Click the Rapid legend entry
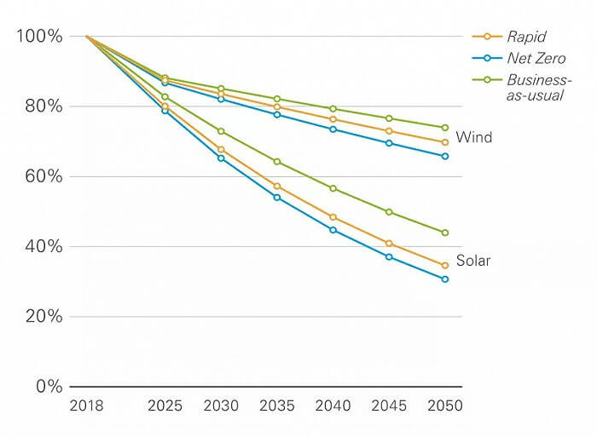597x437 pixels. coord(524,37)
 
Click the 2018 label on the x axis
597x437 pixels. coord(86,405)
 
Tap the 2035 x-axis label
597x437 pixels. coord(276,405)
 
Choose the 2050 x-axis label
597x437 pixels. coord(444,405)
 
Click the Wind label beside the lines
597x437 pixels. coord(473,137)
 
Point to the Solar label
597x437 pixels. coord(473,261)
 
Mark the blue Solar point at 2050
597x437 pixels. coord(444,279)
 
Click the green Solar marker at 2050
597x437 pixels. coord(444,233)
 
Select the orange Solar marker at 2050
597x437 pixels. coord(444,266)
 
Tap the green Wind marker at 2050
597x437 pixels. coord(444,128)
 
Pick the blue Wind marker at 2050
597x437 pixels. coord(444,156)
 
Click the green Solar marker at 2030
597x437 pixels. coord(221,131)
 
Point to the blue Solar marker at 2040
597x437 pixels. coord(333,230)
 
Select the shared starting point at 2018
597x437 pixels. coord(86,37)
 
